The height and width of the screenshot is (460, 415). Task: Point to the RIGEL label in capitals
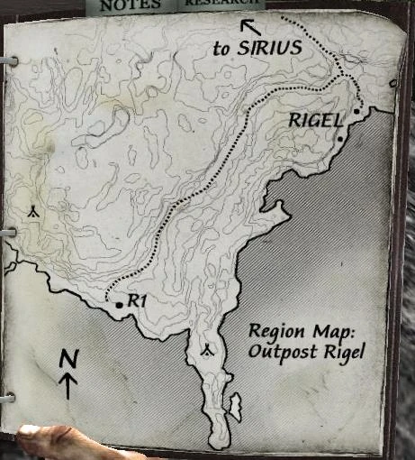[x=315, y=119]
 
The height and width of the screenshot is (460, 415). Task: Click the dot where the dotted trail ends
[x=357, y=112]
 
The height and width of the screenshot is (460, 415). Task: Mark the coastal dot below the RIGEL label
[x=340, y=139]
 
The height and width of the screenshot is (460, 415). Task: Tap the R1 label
[x=137, y=301]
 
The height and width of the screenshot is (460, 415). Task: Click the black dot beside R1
[x=120, y=307]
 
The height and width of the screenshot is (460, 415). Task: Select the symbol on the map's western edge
[x=32, y=212]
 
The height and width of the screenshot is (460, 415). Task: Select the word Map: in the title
[x=323, y=331]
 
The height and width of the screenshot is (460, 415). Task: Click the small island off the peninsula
[x=236, y=407]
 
